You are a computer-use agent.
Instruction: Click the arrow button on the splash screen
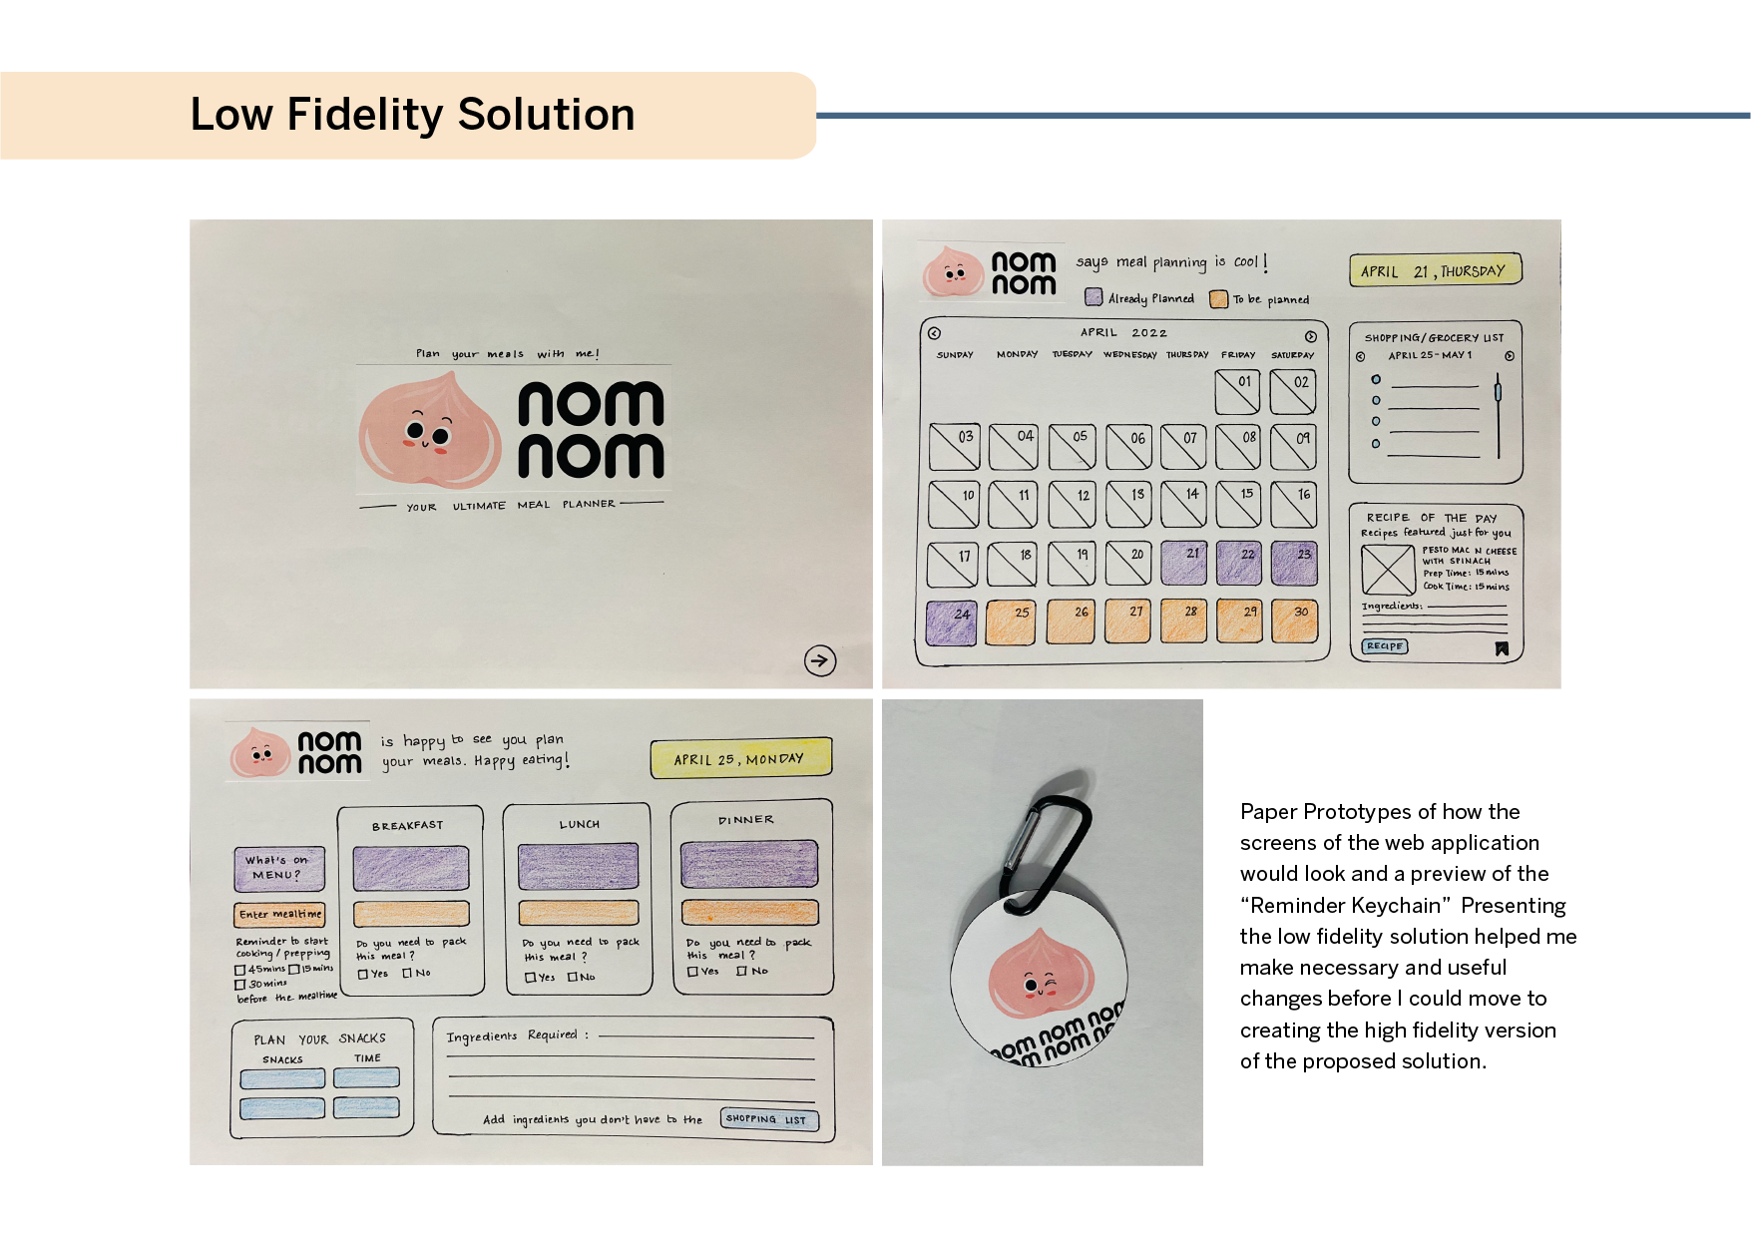click(820, 659)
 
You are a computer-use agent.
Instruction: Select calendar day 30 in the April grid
click(1293, 620)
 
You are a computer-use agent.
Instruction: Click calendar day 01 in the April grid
click(1237, 391)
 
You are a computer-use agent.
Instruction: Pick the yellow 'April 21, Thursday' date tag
click(1435, 270)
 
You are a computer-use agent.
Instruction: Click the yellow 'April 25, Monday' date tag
click(740, 759)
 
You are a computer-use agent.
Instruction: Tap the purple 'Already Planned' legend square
click(1094, 297)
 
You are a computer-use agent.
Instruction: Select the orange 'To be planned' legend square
click(1218, 299)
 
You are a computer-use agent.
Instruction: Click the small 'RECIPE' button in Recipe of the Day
click(1385, 646)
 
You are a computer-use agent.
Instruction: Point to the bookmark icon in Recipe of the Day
click(1502, 649)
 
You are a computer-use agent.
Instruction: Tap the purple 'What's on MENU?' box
click(279, 868)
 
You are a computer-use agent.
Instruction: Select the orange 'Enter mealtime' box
click(280, 914)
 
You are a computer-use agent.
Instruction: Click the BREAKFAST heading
click(407, 826)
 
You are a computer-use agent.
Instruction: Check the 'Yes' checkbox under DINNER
click(693, 971)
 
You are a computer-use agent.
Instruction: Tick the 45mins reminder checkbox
click(240, 970)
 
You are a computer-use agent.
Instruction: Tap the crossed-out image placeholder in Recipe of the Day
click(1388, 570)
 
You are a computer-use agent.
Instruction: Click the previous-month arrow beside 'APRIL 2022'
click(934, 334)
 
